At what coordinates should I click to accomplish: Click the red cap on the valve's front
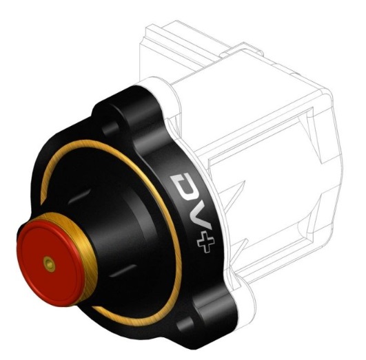[x=50, y=263]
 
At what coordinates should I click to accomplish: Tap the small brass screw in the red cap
[x=49, y=264]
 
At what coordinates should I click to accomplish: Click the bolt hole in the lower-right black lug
[x=185, y=324]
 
